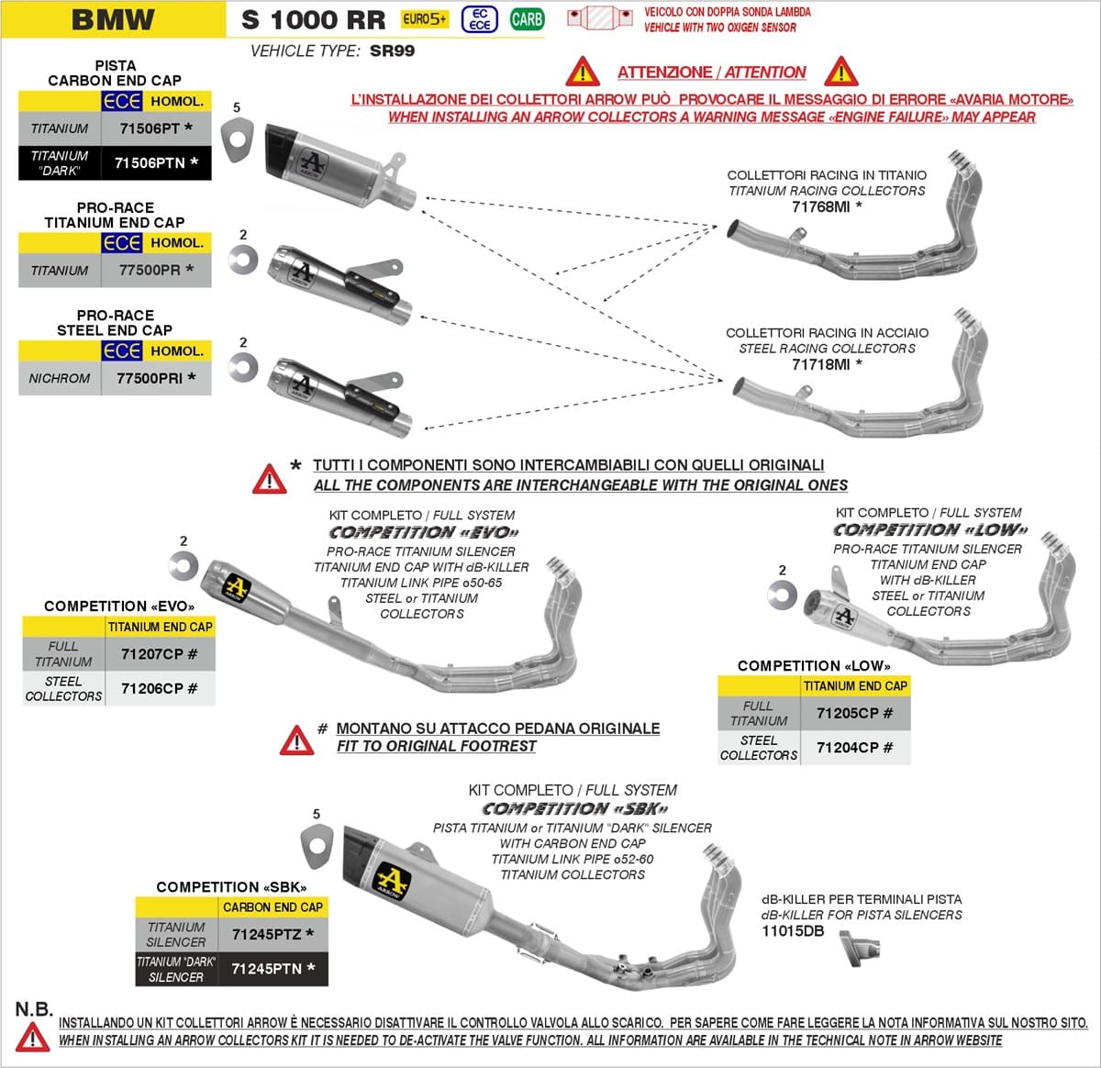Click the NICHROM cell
[x=60, y=378]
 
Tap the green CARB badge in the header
[x=527, y=18]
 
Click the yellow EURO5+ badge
[x=426, y=18]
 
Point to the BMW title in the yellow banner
[x=113, y=19]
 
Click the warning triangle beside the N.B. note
[x=33, y=1037]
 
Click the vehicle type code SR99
[x=392, y=51]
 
